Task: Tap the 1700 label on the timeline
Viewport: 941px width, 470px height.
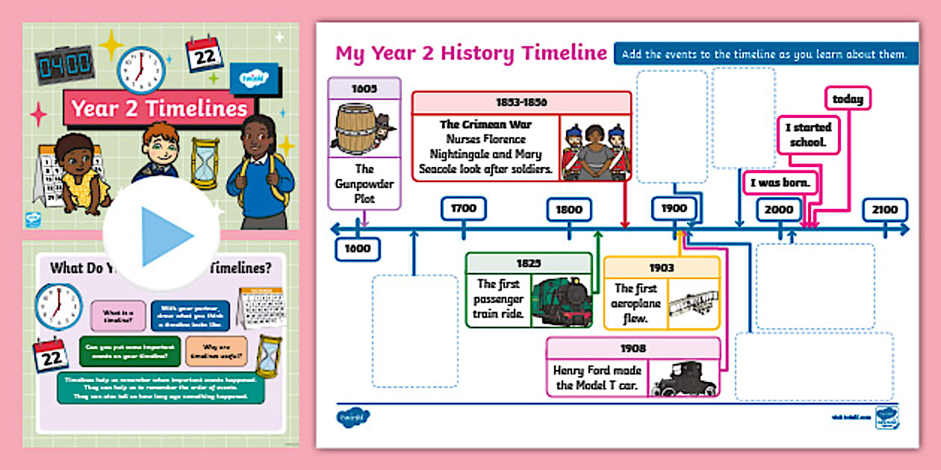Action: pos(463,209)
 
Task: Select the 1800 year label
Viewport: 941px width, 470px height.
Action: pos(569,210)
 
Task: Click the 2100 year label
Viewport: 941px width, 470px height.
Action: pos(885,210)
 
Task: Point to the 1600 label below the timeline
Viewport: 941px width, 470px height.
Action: pos(358,248)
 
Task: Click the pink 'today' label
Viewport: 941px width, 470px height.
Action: pos(848,98)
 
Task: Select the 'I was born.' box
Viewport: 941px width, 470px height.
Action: pos(780,183)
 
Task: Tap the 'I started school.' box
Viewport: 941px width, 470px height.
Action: pos(807,134)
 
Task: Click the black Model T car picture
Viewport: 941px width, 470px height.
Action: pos(683,378)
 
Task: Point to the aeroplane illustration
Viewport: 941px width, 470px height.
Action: pos(692,304)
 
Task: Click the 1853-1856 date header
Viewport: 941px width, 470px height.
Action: pos(521,102)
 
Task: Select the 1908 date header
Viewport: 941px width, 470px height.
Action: pos(633,348)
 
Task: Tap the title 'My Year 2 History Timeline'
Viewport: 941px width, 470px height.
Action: pos(470,53)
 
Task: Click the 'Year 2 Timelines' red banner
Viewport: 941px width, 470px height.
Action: pos(159,109)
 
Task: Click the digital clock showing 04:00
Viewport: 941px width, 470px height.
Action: pos(64,65)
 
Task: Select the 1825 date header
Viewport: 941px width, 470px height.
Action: pos(528,263)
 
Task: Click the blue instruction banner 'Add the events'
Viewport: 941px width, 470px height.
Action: pos(765,54)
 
